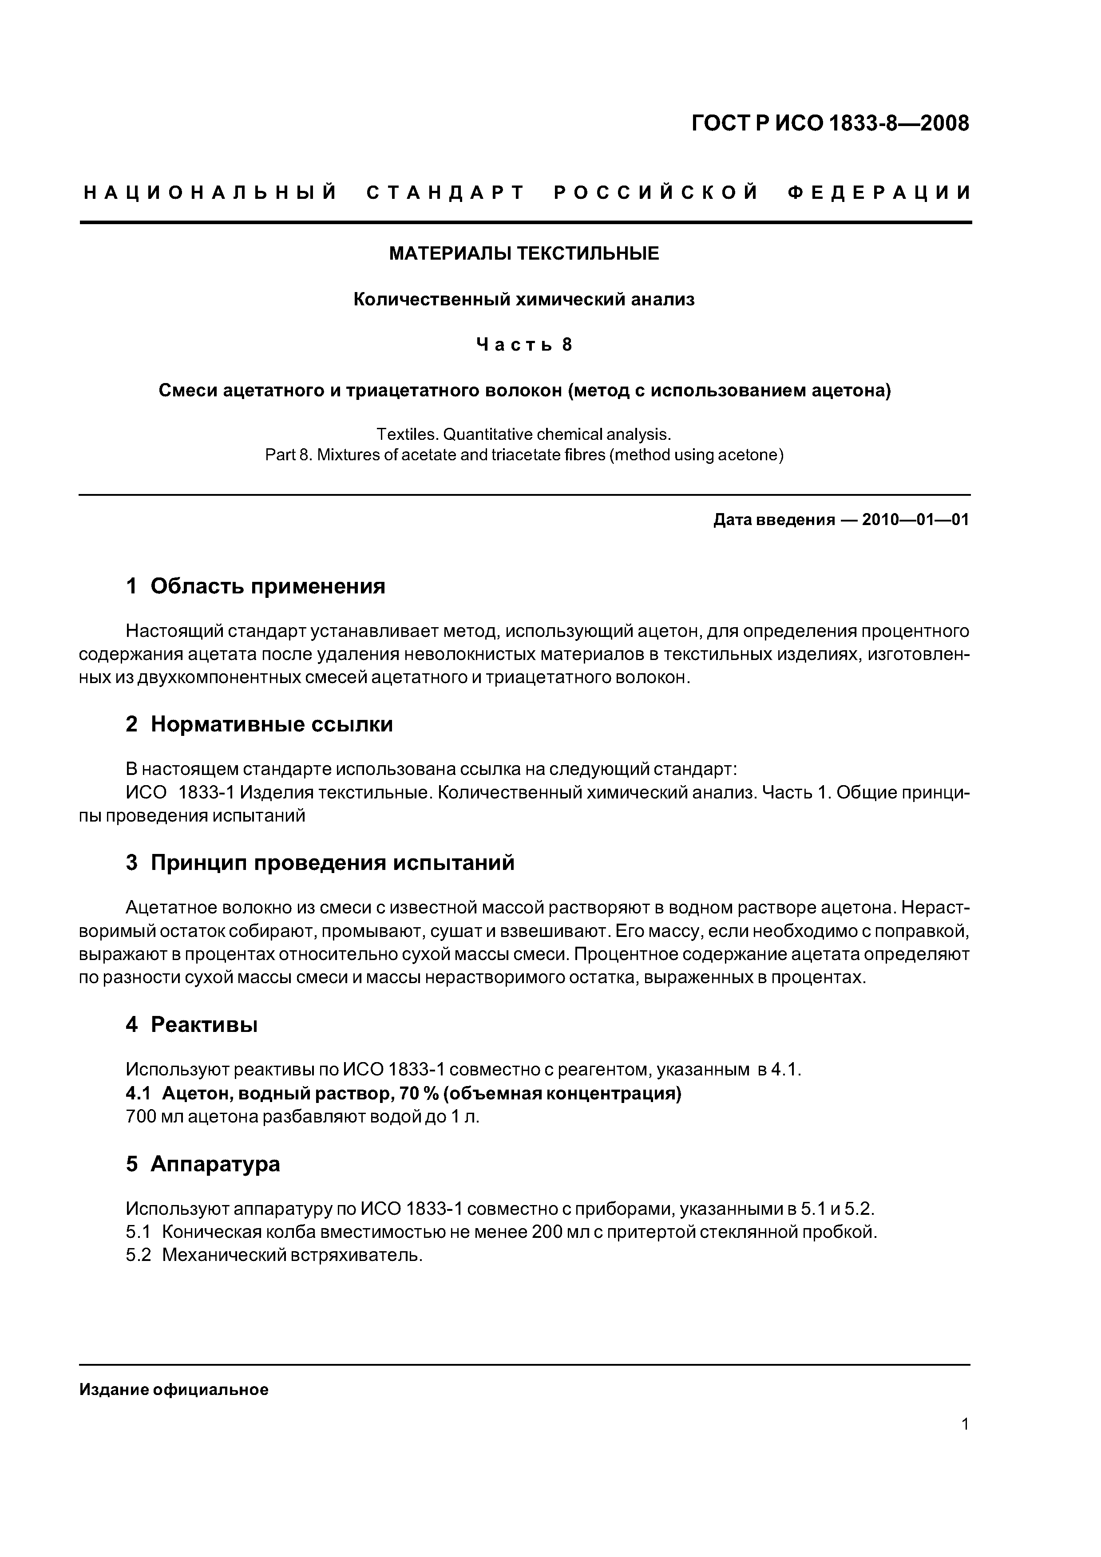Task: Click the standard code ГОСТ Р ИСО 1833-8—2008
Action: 830,124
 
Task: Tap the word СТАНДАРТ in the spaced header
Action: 446,193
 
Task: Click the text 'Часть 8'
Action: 524,345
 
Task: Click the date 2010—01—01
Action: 915,520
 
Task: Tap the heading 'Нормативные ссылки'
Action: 271,724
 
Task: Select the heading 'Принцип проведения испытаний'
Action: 333,862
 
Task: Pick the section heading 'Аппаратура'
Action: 215,1164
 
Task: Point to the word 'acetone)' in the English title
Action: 756,455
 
